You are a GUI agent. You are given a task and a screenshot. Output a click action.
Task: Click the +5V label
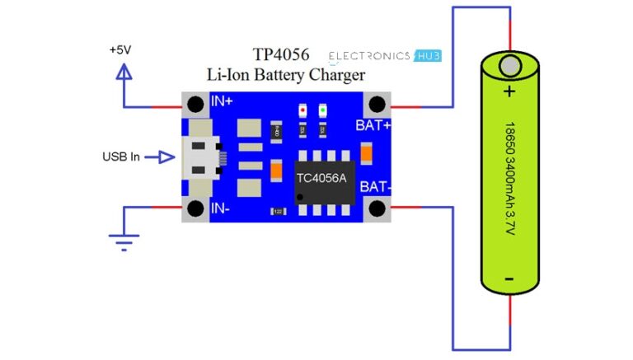coord(120,49)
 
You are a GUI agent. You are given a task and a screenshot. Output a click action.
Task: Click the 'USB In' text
coord(120,157)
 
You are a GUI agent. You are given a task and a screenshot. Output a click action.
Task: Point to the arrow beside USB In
coord(165,157)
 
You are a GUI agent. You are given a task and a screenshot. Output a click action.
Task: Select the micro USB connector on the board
coord(200,157)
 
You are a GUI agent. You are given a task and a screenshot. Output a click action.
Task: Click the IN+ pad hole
coord(195,105)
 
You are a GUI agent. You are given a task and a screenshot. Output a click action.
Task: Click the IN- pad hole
coord(195,209)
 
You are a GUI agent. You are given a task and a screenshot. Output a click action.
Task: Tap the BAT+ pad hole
coord(377,105)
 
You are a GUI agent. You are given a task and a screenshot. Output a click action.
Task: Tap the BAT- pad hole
coord(377,208)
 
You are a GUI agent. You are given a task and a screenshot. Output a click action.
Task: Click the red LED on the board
coord(302,110)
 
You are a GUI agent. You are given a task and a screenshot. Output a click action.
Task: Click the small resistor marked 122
coord(278,212)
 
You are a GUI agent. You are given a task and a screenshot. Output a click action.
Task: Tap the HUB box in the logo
coord(428,56)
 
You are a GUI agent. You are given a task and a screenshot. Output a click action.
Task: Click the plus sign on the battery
coord(509,91)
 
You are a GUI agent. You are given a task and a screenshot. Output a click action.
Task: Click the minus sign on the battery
coord(509,278)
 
